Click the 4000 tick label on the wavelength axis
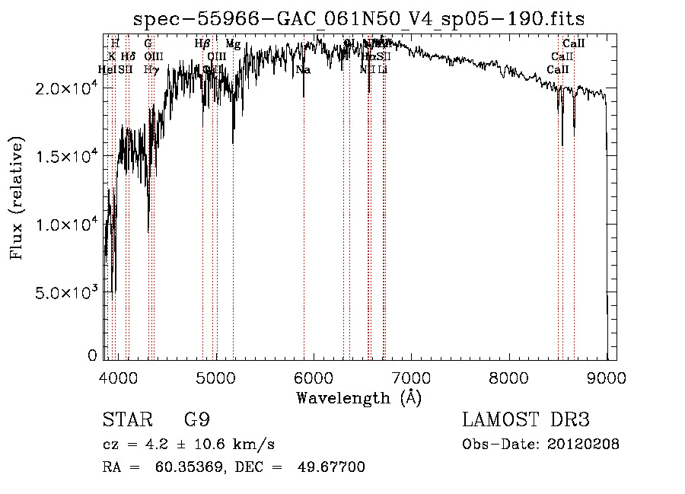pos(119,378)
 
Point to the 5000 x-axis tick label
pos(217,378)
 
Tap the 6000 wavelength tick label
pos(314,378)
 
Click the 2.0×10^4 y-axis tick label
pos(67,89)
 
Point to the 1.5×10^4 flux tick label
pos(67,157)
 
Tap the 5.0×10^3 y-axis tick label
pos(67,293)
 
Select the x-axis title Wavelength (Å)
pos(358,397)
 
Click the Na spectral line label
pos(303,70)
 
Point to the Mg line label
pos(233,44)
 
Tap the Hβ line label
pos(202,44)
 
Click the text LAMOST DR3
pos(525,420)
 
